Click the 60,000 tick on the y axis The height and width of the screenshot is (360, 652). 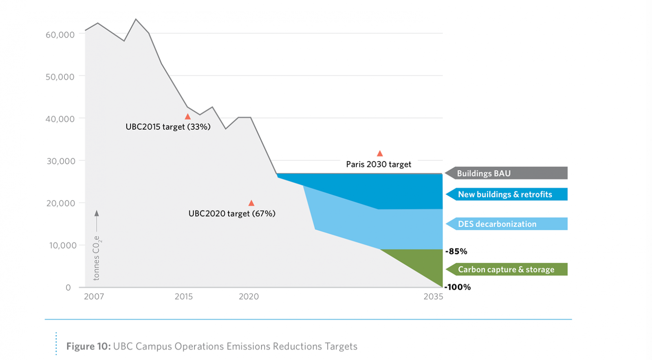tap(60, 35)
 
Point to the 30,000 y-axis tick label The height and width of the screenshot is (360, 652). tap(61, 161)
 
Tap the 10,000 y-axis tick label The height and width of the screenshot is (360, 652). tap(63, 245)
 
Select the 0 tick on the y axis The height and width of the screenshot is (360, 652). tap(68, 288)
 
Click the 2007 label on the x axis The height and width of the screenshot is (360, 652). tap(94, 296)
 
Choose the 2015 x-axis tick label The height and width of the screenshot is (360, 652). tap(184, 296)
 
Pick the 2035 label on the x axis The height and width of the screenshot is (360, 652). tap(433, 296)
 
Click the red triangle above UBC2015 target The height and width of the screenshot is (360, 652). tap(187, 116)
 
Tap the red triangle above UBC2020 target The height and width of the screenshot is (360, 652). tap(251, 203)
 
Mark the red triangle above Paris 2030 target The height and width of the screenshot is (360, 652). tap(380, 154)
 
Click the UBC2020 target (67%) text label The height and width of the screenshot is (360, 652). tap(232, 213)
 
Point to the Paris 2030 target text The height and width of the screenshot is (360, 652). tap(379, 164)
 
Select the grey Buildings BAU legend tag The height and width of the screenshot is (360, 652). tap(506, 173)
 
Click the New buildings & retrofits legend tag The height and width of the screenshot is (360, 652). tap(507, 194)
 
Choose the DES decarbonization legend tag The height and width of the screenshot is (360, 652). tap(507, 224)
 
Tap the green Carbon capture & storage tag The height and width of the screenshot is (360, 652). tap(507, 269)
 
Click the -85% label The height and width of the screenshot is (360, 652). tap(456, 251)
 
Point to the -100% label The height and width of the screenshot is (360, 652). tap(457, 287)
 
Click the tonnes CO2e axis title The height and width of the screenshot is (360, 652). tap(97, 258)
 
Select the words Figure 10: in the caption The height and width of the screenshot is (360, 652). tap(88, 346)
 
